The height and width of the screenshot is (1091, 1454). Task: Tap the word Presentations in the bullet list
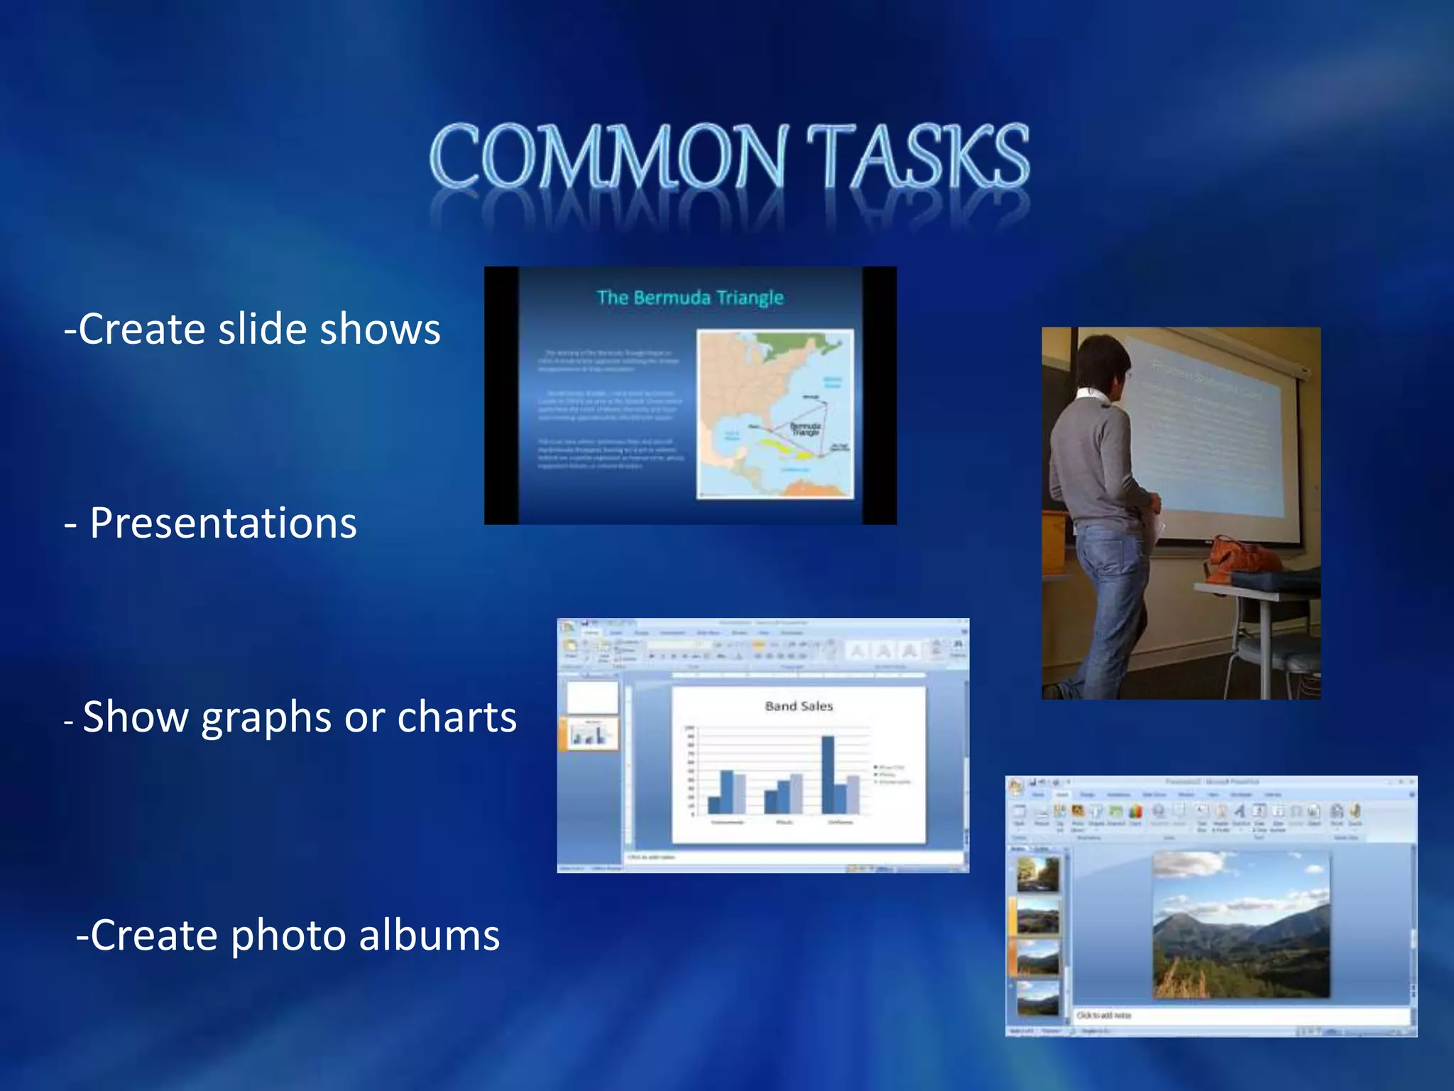(223, 523)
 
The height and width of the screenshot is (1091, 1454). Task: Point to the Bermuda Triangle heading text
(689, 298)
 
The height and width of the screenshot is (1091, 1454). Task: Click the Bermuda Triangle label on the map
(806, 429)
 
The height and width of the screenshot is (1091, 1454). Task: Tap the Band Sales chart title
(798, 706)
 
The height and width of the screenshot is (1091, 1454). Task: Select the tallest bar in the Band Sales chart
(828, 774)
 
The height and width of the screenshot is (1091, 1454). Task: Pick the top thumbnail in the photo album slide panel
(1037, 874)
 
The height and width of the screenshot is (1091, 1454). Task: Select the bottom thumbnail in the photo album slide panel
(1037, 998)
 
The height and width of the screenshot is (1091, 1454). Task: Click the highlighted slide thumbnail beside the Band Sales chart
(591, 734)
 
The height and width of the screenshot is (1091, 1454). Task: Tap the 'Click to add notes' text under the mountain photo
(1104, 1016)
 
